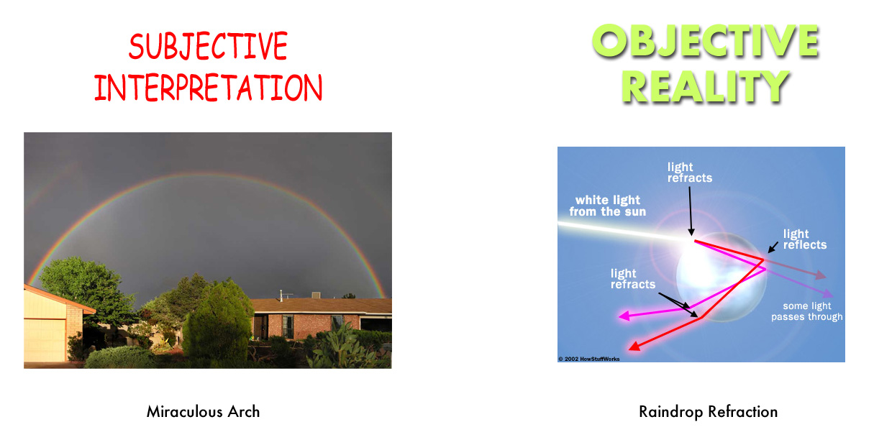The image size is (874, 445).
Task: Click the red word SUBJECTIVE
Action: pos(208,46)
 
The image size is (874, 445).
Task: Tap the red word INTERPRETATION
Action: pos(208,88)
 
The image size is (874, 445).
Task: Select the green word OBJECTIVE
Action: pos(706,40)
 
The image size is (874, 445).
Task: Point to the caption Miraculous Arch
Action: pos(203,411)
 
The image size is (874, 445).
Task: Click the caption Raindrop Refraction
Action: pos(708,412)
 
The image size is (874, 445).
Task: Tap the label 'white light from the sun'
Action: pos(608,206)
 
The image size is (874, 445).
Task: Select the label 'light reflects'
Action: pos(804,239)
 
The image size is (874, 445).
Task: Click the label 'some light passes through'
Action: pos(807,311)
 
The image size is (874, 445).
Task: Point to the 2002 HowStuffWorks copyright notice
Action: pos(589,359)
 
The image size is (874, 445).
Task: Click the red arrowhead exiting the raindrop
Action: pos(634,346)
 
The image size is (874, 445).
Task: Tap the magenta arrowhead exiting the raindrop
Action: pos(624,315)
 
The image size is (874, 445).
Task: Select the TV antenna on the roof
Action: pos(285,295)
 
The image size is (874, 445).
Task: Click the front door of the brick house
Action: pos(260,327)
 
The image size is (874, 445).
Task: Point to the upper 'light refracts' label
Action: pos(689,172)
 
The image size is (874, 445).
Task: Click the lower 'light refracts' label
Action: pos(633,278)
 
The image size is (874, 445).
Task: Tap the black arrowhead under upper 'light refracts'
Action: pos(691,231)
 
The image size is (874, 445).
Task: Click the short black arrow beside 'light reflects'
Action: pos(773,247)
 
